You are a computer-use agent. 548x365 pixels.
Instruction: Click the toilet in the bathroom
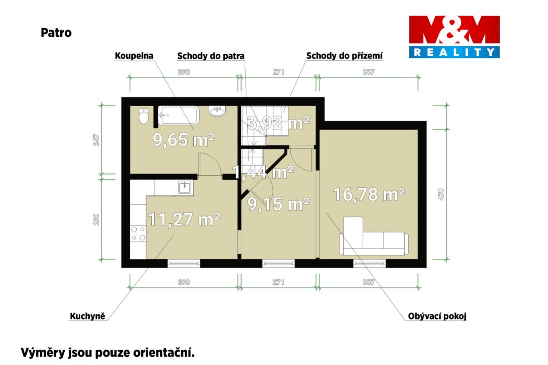pos(144,116)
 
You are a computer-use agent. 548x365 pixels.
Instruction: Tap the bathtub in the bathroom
pos(179,115)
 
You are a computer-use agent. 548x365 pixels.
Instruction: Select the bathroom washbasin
pos(217,111)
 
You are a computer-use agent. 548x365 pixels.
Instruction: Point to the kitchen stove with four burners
pos(138,234)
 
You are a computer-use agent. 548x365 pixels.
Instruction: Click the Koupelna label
pos(134,56)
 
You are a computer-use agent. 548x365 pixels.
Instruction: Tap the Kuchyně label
pos(87,316)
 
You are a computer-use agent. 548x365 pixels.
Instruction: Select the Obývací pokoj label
pos(437,316)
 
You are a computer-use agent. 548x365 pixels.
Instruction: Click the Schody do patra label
pos(210,56)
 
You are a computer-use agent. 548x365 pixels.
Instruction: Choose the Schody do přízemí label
pos(344,56)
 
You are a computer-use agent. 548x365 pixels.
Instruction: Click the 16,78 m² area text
pos(369,195)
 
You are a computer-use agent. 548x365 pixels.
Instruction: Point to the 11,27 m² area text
pos(184,220)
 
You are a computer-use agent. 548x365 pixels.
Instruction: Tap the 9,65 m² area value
pos(184,140)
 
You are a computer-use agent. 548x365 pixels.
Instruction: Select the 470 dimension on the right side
pos(441,194)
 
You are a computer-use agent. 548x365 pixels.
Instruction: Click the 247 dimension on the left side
pos(96,140)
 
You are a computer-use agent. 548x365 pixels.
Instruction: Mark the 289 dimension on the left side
pos(96,220)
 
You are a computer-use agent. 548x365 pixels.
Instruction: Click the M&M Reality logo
pos(454,37)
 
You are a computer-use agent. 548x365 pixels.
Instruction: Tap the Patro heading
pos(56,33)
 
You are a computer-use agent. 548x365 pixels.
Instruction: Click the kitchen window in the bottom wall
pos(184,264)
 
